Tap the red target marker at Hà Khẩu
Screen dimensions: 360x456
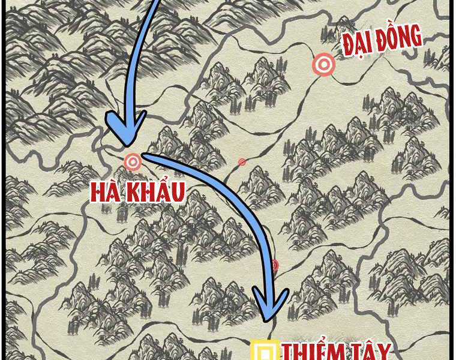click(133, 161)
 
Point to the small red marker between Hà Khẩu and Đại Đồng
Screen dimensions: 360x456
click(242, 162)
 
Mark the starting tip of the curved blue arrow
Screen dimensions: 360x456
click(144, 156)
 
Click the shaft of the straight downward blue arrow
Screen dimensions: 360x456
click(142, 60)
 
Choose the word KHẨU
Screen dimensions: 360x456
click(157, 191)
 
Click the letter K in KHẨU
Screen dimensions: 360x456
click(134, 192)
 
